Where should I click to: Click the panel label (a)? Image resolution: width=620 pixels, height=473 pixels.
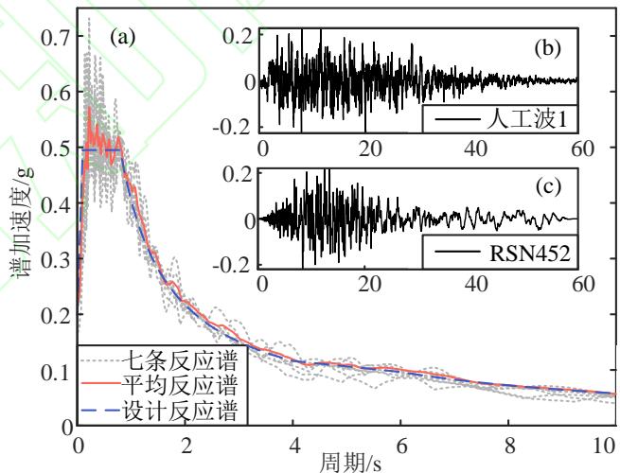pyautogui.click(x=122, y=39)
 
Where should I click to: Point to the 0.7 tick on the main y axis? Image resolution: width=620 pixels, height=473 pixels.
pyautogui.click(x=54, y=40)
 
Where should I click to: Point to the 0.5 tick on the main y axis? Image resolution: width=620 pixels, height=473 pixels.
pyautogui.click(x=54, y=149)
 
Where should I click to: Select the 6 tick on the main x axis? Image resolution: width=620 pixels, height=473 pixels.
pyautogui.click(x=407, y=444)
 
